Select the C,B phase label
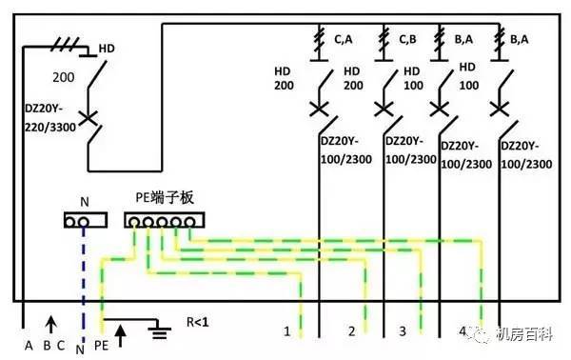pos(407,39)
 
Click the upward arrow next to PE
pos(121,333)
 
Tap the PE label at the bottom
pos(101,348)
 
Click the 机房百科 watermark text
pos(537,333)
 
